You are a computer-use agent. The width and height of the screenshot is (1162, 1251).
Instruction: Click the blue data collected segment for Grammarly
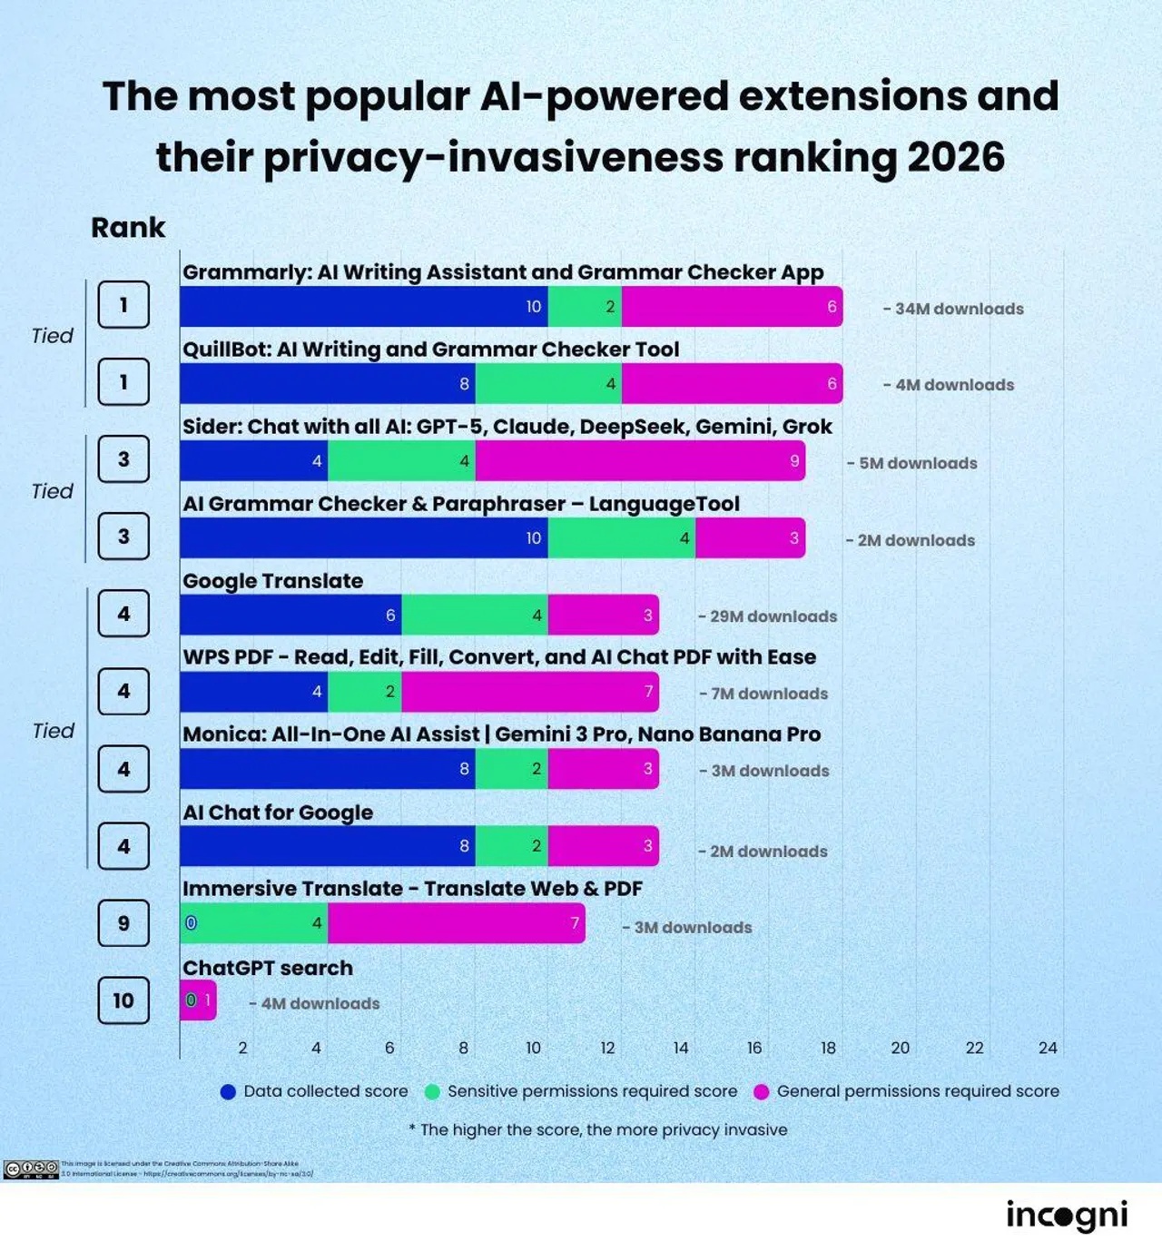(363, 307)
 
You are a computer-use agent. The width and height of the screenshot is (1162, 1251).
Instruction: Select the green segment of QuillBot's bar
(548, 384)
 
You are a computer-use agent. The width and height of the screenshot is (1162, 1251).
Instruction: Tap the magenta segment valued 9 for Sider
(640, 461)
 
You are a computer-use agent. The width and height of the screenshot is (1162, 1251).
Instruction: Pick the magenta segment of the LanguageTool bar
(750, 538)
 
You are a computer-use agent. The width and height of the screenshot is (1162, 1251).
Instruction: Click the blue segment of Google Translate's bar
(290, 616)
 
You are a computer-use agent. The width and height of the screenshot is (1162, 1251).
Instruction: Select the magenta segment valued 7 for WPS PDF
(530, 692)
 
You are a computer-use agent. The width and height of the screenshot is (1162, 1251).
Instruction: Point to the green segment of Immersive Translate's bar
(254, 923)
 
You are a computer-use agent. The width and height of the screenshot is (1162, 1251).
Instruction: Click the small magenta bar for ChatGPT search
(199, 1000)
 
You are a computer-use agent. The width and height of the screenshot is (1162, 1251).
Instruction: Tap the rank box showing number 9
(123, 923)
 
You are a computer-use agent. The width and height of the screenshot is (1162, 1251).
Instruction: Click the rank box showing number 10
(123, 1000)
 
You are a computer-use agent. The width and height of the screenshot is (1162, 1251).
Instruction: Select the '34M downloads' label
(953, 309)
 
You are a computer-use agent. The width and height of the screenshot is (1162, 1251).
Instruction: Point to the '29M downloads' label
(768, 616)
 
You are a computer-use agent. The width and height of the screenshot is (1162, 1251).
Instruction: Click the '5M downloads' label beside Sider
(912, 463)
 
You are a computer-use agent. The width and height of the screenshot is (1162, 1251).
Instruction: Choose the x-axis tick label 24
(1048, 1048)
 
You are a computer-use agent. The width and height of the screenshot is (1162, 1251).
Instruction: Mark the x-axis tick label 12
(607, 1048)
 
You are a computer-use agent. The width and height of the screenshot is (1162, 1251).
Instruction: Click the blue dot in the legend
(228, 1091)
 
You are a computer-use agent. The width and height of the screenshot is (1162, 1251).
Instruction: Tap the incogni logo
(1067, 1215)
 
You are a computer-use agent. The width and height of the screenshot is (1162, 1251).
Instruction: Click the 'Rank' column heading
(128, 227)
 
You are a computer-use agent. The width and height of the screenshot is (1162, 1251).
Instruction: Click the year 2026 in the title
(955, 157)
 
